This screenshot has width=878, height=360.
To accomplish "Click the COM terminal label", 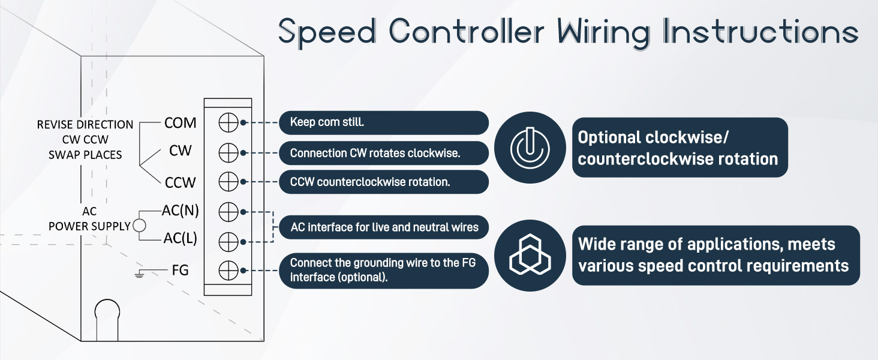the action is tap(180, 123).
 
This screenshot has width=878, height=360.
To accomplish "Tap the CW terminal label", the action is tap(181, 151).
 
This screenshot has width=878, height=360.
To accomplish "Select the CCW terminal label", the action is tap(180, 182).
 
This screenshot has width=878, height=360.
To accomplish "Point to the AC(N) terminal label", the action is tap(180, 211).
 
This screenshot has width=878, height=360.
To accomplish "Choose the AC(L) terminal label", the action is tap(180, 238).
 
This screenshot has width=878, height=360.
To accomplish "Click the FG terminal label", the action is tap(181, 270).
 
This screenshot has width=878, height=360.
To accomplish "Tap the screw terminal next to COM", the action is tap(228, 123).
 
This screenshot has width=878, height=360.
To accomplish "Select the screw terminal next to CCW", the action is tap(228, 182).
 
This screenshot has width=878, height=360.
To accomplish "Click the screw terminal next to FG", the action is tap(228, 271).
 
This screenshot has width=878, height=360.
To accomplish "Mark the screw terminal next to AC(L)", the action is tap(228, 242).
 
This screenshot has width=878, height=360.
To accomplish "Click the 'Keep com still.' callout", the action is tap(384, 123).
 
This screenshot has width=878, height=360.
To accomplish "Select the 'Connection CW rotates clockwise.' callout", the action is tap(384, 153).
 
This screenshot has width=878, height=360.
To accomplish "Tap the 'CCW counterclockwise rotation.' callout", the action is tap(384, 182).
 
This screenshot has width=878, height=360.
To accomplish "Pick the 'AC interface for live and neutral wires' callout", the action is tap(384, 227).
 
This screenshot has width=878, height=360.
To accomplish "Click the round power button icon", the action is tap(530, 148).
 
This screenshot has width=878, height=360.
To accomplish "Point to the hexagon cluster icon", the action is tap(530, 255).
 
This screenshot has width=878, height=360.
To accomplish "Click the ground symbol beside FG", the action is tap(139, 274).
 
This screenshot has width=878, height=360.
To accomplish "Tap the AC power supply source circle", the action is tap(140, 226).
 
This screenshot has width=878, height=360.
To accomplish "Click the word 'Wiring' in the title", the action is tap(604, 33).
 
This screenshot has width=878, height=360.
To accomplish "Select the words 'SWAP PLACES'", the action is tap(85, 155).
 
